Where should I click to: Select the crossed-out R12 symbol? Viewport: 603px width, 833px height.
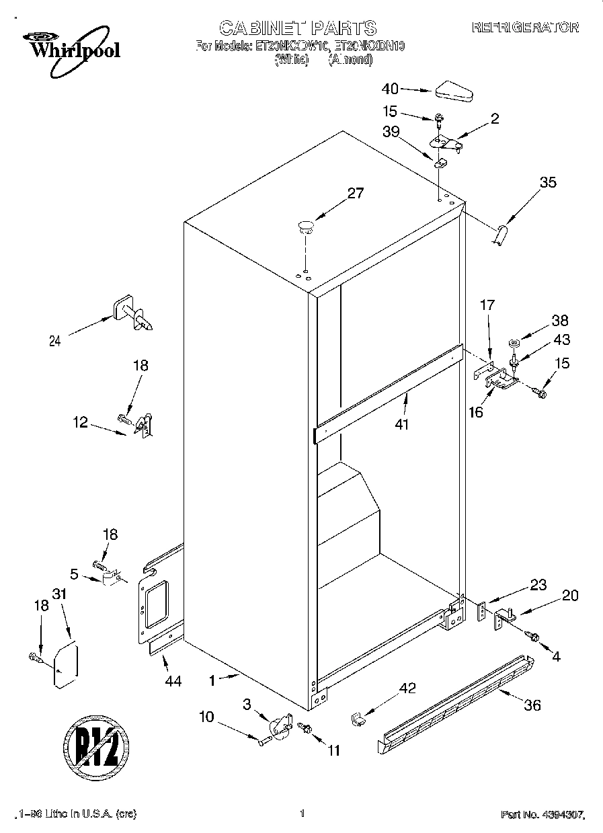coord(96,746)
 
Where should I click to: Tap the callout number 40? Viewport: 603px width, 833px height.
coord(390,88)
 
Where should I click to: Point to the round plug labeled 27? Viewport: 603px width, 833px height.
coord(305,226)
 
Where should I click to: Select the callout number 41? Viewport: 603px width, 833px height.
coord(402,424)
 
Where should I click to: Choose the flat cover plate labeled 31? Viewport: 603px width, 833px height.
coord(65,666)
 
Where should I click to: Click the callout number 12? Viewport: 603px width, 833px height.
coord(81,422)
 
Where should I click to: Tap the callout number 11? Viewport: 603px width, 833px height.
coord(333,750)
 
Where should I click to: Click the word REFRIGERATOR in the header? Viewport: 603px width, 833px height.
coord(524,28)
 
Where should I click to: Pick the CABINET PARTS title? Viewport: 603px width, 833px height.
coord(298,28)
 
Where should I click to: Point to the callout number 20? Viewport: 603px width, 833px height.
coord(570,595)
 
